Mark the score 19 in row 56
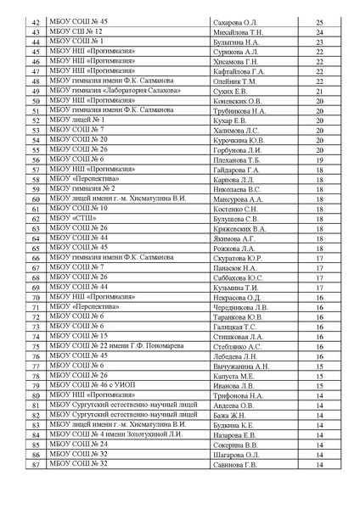coord(319,159)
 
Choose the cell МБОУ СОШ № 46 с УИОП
coord(91,386)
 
